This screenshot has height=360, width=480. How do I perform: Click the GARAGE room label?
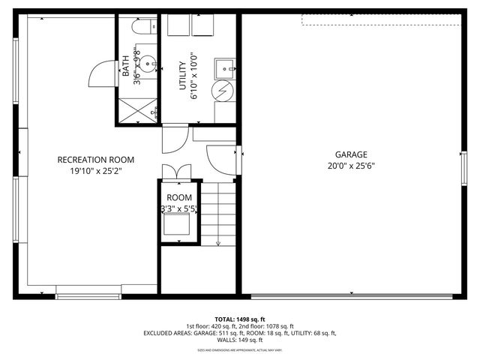coord(351,154)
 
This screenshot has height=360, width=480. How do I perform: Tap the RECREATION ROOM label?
coord(96,160)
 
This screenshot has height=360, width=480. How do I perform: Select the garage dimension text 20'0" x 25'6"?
coord(351,166)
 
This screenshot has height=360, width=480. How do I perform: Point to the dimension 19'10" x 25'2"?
coord(96,171)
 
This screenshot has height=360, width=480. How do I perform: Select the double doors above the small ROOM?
coord(179,170)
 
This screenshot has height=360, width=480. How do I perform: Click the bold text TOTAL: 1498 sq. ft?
coord(240,318)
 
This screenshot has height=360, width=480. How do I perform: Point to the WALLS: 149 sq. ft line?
coord(240,340)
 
